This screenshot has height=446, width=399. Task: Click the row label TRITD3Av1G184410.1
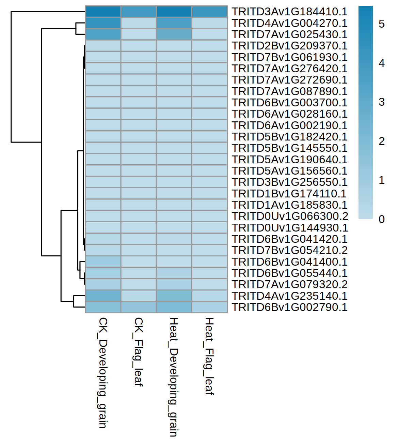289,12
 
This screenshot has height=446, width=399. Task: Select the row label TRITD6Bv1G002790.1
289,307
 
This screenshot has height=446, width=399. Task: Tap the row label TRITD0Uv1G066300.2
290,216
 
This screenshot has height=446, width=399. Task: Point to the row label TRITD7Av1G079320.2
289,284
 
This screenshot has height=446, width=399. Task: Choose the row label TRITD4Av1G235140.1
289,296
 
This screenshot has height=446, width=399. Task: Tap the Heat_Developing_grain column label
174,377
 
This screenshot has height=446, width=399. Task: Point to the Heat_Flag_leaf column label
209,356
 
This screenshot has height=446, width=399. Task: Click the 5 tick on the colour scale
382,24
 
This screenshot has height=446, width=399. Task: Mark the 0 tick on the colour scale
382,219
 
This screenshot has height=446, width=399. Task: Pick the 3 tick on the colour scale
382,102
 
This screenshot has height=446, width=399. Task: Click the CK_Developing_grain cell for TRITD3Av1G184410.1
103,12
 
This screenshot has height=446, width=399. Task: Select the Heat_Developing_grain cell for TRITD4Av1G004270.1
174,23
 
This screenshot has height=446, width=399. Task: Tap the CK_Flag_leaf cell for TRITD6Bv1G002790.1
138,307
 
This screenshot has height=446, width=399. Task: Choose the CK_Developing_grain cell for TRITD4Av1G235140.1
103,296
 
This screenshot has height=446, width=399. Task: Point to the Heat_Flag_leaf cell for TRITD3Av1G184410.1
209,12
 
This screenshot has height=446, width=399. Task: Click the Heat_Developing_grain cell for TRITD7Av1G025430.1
174,34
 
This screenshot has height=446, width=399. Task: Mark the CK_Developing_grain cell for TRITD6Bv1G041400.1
103,262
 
